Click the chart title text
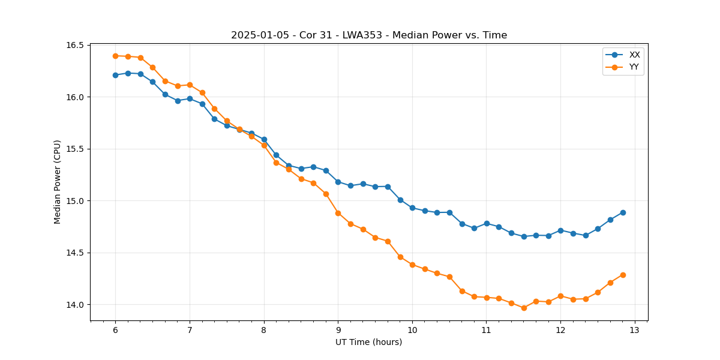tap(369, 35)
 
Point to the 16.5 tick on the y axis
tap(79, 45)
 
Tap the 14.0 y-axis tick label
tap(79, 305)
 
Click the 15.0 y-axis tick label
tap(79, 201)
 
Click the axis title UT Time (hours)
tap(369, 342)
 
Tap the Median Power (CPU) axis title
tap(58, 182)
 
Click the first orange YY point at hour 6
tap(115, 56)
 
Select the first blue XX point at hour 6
tap(115, 75)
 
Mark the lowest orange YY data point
tap(524, 308)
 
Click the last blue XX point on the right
tap(623, 212)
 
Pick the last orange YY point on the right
tap(623, 275)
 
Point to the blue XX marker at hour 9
tap(338, 182)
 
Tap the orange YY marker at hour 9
tap(338, 213)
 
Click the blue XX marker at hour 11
tap(487, 223)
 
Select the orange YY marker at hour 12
tap(560, 296)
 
